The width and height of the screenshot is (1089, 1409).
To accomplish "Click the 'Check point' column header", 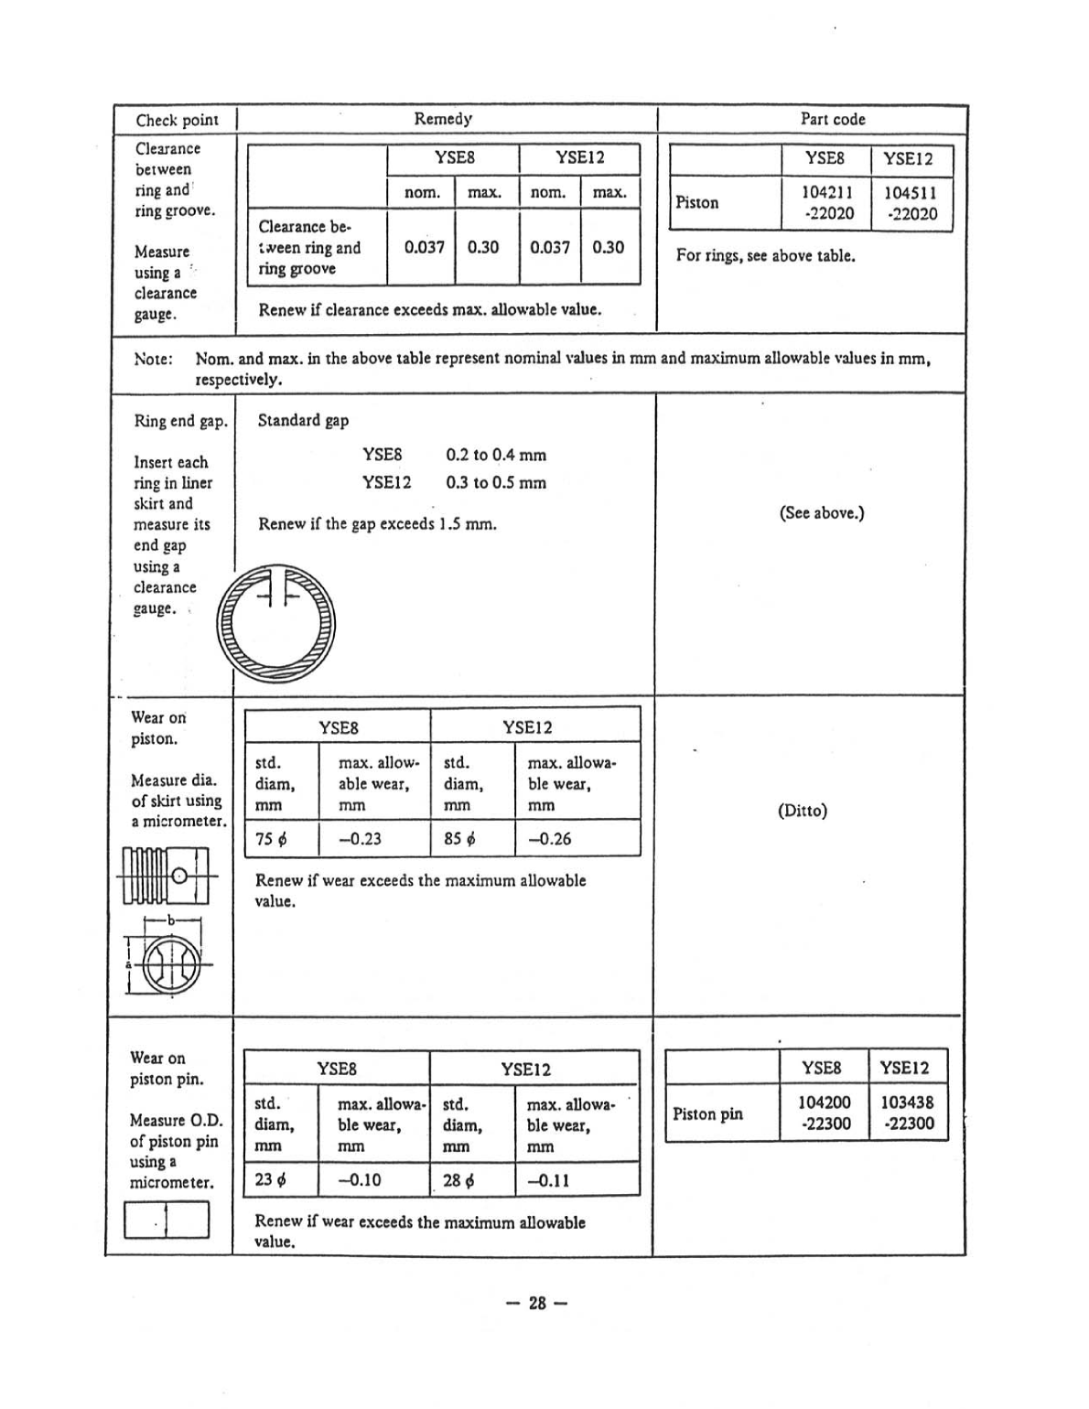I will click(x=177, y=120).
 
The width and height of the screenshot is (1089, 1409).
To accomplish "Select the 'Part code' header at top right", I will click(x=832, y=119).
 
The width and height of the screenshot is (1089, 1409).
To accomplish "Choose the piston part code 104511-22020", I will click(x=910, y=202).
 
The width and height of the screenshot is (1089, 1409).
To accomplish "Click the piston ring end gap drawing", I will click(x=276, y=622).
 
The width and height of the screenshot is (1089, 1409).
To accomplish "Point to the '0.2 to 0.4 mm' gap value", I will click(x=495, y=455).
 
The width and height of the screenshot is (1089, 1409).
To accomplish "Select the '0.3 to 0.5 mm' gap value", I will click(x=495, y=482).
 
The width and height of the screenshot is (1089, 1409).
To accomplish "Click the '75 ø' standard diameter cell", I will click(x=271, y=838).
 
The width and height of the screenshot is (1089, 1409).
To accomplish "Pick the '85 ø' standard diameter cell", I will click(x=459, y=838).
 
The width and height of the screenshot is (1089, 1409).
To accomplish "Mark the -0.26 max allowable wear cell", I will click(x=549, y=838).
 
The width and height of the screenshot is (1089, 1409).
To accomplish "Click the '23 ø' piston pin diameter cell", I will click(x=270, y=1179).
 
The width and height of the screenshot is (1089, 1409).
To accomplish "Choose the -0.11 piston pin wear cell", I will click(x=548, y=1179).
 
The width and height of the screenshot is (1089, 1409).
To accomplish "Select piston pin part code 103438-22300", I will click(x=907, y=1113).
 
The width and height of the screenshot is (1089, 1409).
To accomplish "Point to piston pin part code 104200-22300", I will click(x=825, y=1113).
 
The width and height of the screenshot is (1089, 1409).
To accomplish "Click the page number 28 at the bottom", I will click(x=537, y=1303).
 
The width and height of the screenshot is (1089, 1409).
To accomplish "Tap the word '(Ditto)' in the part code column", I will click(x=802, y=811).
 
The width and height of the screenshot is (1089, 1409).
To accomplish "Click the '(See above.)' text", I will click(x=821, y=512).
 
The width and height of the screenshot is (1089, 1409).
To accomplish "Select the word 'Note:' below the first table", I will click(x=154, y=359).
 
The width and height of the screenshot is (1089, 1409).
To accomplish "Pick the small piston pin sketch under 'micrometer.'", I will click(x=167, y=1220).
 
